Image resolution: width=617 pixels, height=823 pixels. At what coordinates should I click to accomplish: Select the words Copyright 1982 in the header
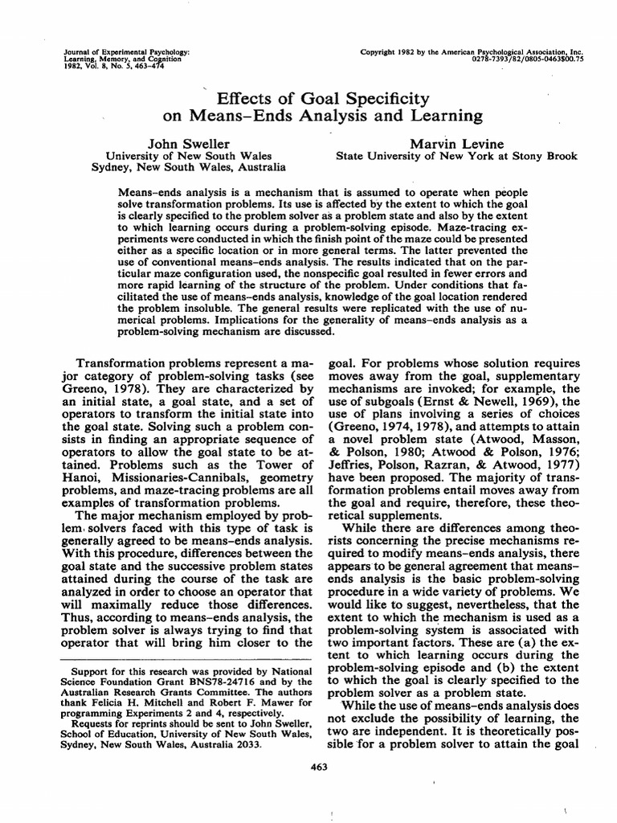(399, 51)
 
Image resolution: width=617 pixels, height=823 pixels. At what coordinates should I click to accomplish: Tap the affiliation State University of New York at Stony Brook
(456, 156)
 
